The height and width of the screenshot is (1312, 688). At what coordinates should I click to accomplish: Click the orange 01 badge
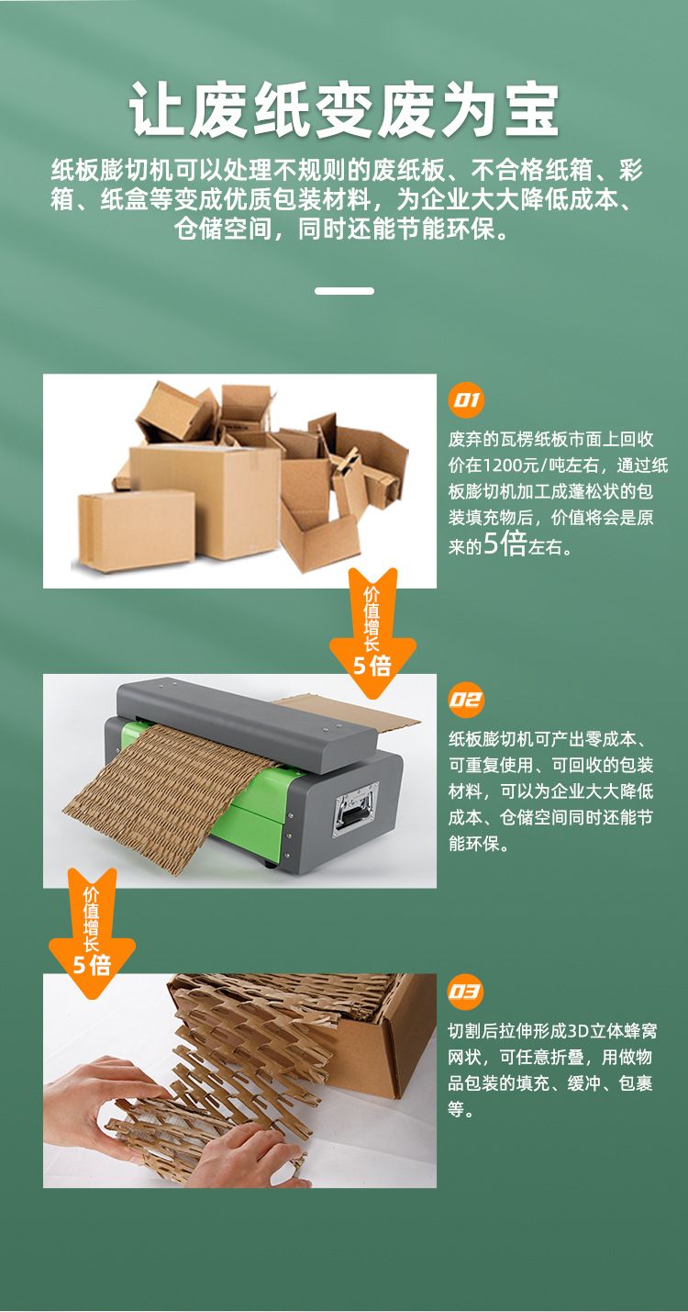click(465, 400)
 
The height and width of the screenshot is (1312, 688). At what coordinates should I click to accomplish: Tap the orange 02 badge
click(466, 700)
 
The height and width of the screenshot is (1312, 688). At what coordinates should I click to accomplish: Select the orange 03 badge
click(466, 992)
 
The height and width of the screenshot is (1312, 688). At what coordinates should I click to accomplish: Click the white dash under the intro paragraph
click(344, 290)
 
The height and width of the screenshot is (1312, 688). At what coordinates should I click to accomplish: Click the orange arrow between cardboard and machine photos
click(372, 633)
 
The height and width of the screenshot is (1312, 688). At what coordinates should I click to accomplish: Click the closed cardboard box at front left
click(137, 530)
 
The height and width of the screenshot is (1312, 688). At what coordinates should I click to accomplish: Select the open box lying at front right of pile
click(319, 539)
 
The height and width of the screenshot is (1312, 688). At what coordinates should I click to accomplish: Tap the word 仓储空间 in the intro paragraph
click(224, 228)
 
